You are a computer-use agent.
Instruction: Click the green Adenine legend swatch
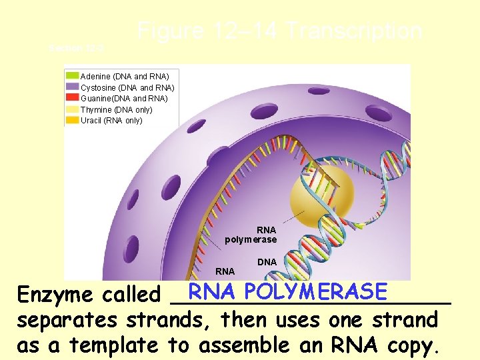click(x=72, y=76)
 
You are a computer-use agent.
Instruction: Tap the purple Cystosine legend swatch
click(x=72, y=87)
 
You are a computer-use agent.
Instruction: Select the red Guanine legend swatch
click(x=72, y=98)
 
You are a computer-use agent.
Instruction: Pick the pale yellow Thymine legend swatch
click(x=72, y=109)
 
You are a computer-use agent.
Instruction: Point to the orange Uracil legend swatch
click(x=72, y=121)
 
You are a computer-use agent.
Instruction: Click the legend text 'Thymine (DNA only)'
click(x=116, y=109)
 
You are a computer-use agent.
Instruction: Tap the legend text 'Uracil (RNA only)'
click(x=111, y=121)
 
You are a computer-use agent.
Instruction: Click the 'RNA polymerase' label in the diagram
click(x=251, y=235)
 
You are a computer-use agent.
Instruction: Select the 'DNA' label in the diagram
click(x=267, y=262)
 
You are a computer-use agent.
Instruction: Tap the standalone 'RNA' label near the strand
click(x=225, y=271)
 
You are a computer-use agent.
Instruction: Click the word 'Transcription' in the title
click(x=354, y=31)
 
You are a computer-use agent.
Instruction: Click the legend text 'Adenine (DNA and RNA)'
click(x=125, y=76)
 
